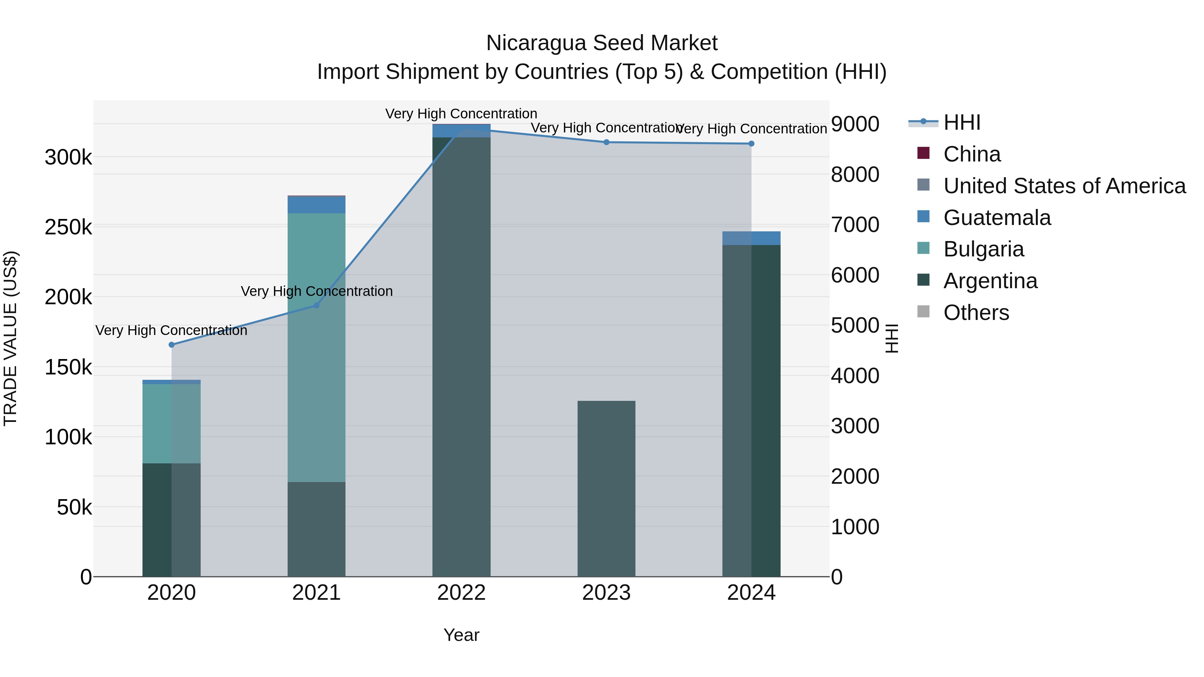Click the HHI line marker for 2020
point(172,345)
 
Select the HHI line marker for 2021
point(316,305)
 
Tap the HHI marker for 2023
point(606,142)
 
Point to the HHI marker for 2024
point(751,143)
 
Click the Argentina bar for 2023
point(606,488)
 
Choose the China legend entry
point(972,154)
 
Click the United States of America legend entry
point(1064,186)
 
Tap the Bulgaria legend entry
point(983,249)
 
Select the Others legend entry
point(976,313)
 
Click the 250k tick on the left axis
point(68,228)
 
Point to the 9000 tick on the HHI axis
point(855,124)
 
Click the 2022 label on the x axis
point(461,593)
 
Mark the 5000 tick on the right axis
point(855,325)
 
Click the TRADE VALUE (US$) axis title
point(11,338)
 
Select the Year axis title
point(461,635)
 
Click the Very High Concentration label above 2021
point(316,291)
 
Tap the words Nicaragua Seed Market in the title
point(602,43)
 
